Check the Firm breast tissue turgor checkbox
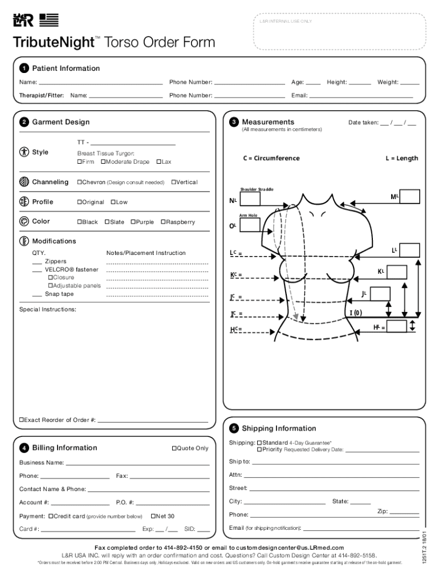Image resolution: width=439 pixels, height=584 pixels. pos(79,162)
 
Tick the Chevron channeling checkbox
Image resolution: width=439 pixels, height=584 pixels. pos(79,182)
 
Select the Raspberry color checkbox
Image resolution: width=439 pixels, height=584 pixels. pos(163,222)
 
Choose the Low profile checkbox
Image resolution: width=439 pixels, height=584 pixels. pos(113,202)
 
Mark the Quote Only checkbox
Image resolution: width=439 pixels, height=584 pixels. pos(174,448)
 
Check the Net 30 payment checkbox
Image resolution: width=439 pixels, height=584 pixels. pos(153,516)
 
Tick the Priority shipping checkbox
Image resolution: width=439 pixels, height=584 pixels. pos(259,449)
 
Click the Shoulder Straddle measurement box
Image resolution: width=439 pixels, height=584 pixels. pos(250,198)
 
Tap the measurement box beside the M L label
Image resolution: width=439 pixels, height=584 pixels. pos(410,196)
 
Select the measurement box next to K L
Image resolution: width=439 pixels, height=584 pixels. pos(397,271)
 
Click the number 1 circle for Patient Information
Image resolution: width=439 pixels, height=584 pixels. pos(24,69)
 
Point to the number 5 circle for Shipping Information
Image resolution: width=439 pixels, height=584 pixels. pos(234,429)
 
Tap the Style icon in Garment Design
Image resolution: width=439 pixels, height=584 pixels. pos(24,152)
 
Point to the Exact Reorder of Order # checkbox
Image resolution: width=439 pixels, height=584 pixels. pos(22,420)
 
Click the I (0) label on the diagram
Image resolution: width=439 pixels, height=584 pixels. pos(355,313)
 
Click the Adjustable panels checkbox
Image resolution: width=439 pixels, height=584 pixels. pos(50,286)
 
